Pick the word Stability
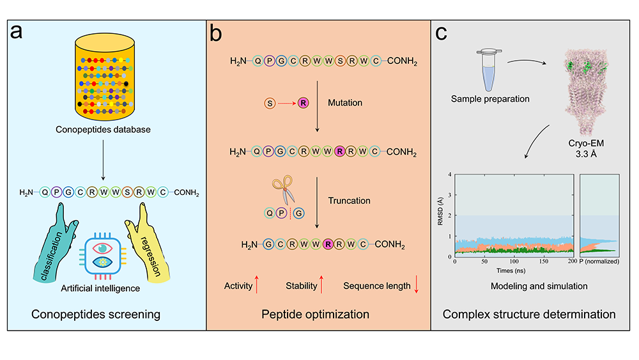click(x=302, y=286)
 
